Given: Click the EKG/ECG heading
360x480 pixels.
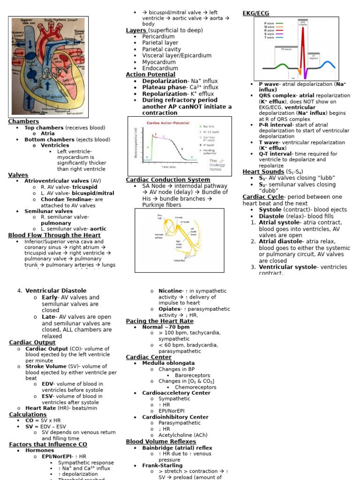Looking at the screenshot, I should [256, 13].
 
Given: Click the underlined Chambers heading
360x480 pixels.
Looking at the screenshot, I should [23, 121].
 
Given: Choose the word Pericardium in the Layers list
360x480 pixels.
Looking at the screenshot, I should [158, 37].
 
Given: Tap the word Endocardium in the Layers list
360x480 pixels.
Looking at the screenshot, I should [160, 68].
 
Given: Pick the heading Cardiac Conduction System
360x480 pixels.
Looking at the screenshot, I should [168, 180].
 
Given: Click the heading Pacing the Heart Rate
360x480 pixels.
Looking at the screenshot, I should [159, 321].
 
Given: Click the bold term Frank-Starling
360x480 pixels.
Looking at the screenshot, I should [162, 465].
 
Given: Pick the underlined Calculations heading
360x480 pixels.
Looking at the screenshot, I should [28, 414].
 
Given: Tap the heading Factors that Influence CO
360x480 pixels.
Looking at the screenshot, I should [48, 444].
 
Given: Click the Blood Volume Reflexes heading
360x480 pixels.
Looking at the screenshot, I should [161, 442].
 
